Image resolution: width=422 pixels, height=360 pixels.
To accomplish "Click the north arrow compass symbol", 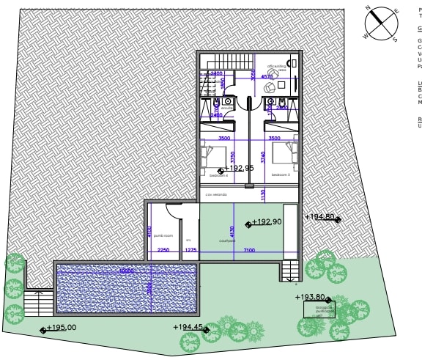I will pos(380,23).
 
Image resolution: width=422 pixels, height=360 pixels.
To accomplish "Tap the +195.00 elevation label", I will pos(61,328).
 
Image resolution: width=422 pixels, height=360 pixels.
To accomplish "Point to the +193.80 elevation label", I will pos(310,297).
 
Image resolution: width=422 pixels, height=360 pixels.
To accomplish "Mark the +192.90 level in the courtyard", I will pos(267,221).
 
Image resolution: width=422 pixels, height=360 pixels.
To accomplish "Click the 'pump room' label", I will pos(163,236).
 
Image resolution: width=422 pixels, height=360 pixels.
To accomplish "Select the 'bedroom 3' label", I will pos(281,175).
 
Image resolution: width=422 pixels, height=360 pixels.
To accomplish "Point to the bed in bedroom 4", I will pos(213,155).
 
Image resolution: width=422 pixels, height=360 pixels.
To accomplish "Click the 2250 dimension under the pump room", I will pos(163,251).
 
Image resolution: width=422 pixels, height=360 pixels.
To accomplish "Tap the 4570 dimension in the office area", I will pos(267,76).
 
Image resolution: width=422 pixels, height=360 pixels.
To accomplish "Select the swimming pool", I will pos(127,287).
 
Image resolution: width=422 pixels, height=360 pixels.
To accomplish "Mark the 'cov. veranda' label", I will pos(216,194).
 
